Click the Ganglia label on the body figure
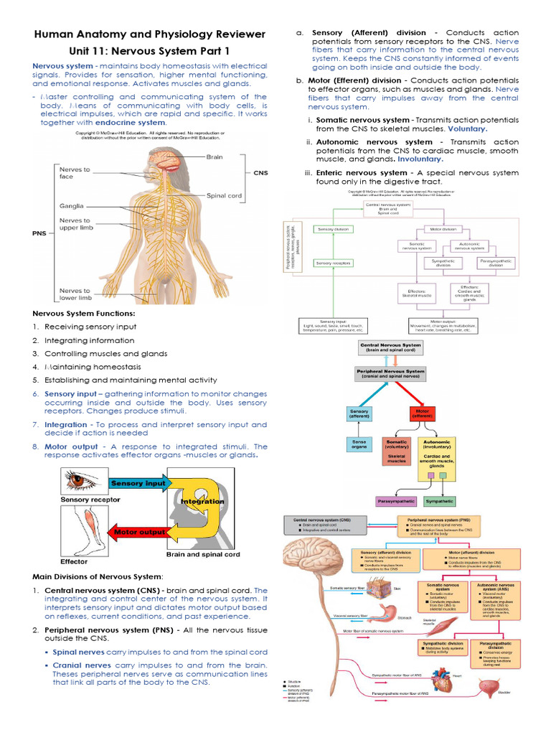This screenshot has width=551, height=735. [72, 205]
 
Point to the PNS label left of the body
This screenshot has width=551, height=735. [39, 233]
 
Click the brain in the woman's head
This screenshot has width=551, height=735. [171, 154]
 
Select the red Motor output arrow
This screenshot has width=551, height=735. [138, 532]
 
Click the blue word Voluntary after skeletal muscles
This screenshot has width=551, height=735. [467, 129]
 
